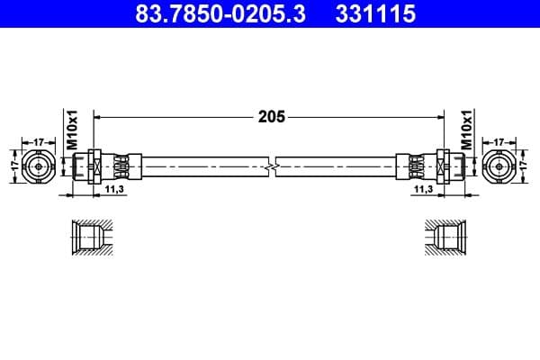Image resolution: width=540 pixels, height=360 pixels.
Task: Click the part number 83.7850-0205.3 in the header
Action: coord(209,14)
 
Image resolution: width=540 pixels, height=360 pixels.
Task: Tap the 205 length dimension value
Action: coord(271,117)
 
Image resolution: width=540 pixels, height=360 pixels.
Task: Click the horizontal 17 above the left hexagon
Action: coord(40,141)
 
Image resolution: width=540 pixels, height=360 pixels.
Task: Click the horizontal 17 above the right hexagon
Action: coord(500,141)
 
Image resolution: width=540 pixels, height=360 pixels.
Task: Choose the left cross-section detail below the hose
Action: coord(90,238)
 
